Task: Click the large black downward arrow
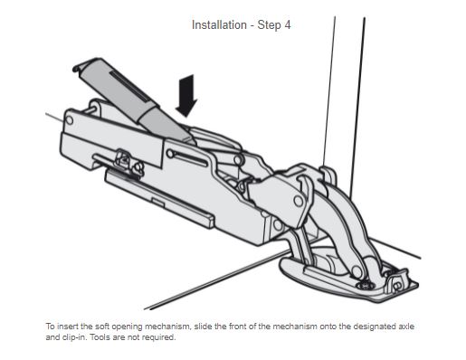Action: [x=186, y=96]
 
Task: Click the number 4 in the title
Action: [x=287, y=25]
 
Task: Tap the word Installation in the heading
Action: [x=219, y=25]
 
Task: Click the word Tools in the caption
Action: [x=99, y=337]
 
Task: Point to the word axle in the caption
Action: [x=407, y=327]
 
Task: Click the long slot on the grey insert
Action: [x=129, y=87]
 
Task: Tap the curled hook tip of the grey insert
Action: [x=78, y=68]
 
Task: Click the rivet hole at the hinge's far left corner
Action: [x=70, y=120]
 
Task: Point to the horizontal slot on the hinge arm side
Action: [x=187, y=158]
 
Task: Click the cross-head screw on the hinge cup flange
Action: [x=366, y=285]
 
